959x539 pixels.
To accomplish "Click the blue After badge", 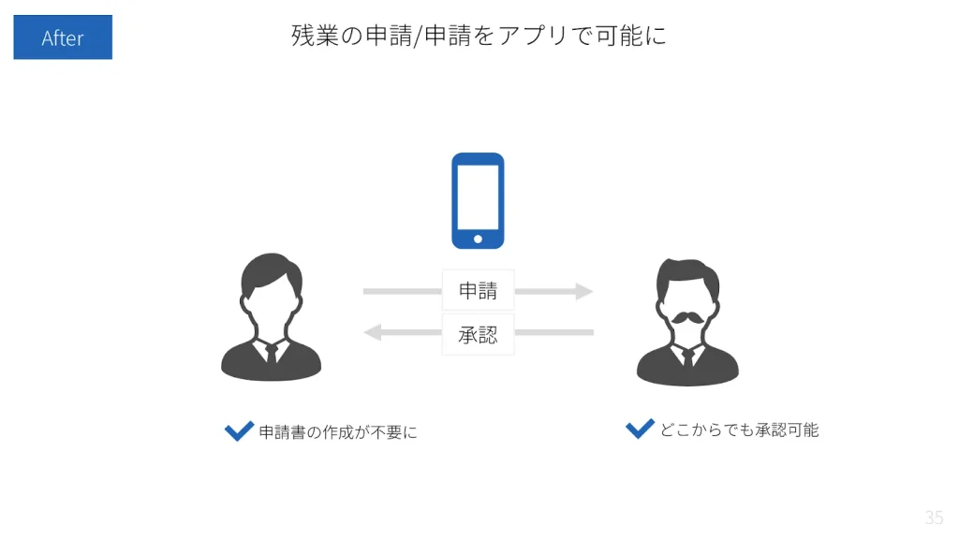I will (x=63, y=37).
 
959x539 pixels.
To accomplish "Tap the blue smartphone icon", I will (x=478, y=200).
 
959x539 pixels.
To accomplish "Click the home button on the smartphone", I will (x=478, y=239).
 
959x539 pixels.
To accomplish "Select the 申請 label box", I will (x=478, y=291).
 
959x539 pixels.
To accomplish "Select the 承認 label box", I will (x=478, y=334).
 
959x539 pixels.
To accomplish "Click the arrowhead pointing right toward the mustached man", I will (x=584, y=291).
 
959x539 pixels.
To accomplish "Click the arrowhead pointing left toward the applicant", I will (x=373, y=332).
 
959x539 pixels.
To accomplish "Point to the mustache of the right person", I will (x=686, y=317).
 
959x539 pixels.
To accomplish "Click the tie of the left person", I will (x=271, y=353).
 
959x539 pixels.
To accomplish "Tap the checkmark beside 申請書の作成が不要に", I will (x=239, y=431).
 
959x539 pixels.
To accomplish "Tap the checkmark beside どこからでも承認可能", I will (x=640, y=429).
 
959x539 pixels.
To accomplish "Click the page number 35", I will (x=933, y=517).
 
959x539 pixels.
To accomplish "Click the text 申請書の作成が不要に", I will (x=338, y=432).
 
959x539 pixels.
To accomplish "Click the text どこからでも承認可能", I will (x=739, y=430).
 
